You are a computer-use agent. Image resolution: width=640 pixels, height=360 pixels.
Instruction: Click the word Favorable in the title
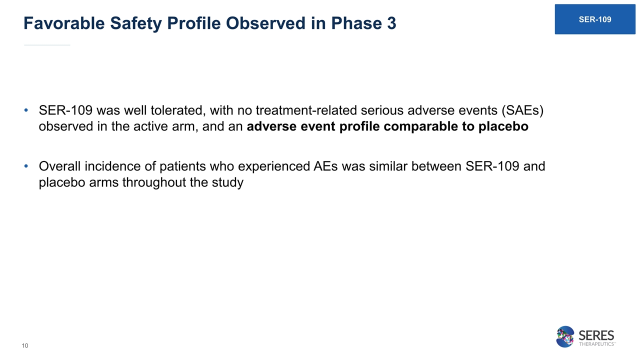pos(64,23)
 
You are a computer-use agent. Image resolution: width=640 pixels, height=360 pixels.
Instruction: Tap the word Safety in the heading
pos(136,23)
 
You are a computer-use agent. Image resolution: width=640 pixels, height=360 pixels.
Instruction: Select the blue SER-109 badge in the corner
pos(595,19)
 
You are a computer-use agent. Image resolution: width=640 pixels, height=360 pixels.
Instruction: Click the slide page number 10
pos(25,345)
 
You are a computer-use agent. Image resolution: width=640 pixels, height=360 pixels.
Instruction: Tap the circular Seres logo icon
pos(565,336)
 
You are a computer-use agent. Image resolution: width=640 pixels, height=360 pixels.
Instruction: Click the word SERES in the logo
pos(596,335)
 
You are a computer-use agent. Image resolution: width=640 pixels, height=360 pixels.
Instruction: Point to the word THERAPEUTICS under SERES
pos(596,344)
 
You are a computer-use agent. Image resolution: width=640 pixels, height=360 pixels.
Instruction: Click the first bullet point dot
pos(26,110)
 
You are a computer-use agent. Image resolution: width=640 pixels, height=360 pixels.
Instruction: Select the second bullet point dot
pos(26,166)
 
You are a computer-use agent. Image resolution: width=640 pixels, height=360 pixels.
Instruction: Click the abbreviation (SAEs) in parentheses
pos(522,110)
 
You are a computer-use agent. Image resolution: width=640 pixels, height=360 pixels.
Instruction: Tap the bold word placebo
pos(503,126)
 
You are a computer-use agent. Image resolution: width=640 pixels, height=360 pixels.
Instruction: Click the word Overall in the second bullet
pos(59,166)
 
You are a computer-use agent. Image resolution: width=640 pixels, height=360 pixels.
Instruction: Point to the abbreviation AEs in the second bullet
pos(325,166)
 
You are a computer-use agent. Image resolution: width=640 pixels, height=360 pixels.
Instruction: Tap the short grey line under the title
pos(47,45)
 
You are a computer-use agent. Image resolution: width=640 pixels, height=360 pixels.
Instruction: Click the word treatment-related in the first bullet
pos(306,110)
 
